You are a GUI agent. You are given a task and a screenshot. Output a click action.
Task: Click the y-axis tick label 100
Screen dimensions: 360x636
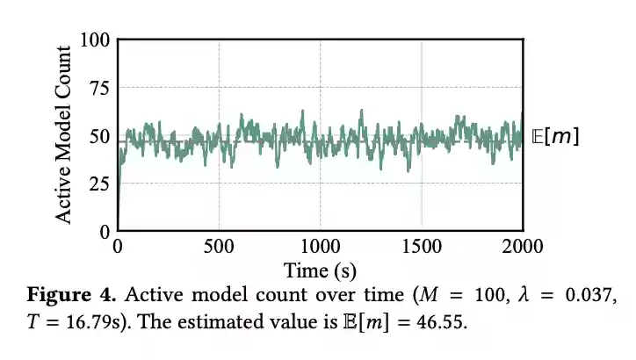[95, 40]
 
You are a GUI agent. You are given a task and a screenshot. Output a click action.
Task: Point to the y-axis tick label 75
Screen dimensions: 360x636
[99, 88]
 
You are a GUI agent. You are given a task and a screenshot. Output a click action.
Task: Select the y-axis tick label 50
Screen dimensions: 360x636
[99, 136]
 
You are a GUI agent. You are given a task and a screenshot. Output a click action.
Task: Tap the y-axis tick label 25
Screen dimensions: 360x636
[99, 184]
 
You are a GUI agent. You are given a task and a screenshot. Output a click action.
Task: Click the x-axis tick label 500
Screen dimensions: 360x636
[219, 247]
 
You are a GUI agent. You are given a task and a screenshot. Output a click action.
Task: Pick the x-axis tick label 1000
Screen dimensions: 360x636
[321, 247]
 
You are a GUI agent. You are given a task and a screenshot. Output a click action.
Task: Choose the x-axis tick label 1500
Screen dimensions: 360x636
[422, 247]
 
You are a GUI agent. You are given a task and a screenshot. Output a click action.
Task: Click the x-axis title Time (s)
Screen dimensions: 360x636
[320, 269]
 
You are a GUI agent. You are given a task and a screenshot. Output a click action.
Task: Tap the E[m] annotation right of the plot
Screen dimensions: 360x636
[555, 137]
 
